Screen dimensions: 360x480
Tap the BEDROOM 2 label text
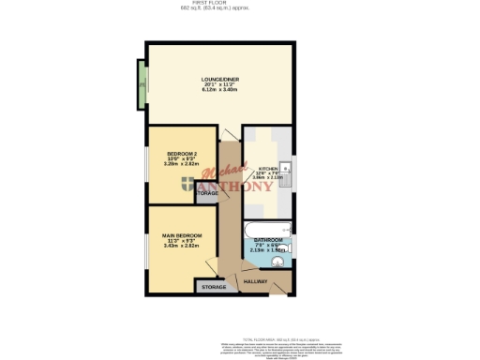181,154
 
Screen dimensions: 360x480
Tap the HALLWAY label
256,281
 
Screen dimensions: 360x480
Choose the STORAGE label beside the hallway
213,287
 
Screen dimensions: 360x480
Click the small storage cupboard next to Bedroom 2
207,193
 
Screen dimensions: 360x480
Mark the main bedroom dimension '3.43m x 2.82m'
177,246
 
